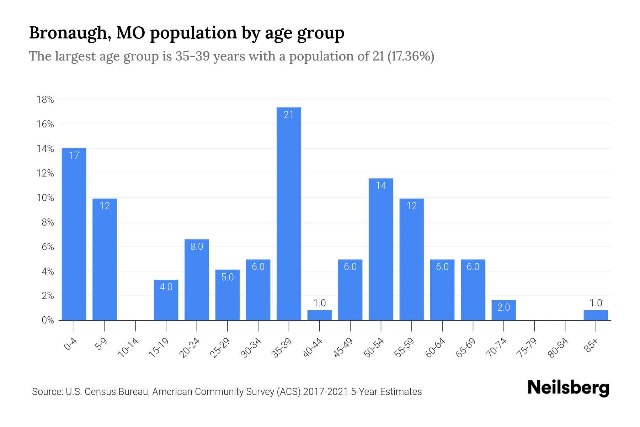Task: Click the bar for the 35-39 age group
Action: [289, 213]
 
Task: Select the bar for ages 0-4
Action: [74, 234]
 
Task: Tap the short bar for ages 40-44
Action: [319, 315]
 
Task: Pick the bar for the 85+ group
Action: [596, 315]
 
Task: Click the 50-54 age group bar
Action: [381, 249]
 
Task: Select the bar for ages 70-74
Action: [503, 310]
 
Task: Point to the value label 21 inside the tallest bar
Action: [289, 115]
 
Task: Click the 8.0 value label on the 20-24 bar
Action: [197, 246]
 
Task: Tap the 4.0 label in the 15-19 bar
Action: [166, 287]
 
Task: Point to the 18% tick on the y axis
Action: [45, 100]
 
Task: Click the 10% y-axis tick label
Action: [45, 198]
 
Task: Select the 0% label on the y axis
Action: [48, 320]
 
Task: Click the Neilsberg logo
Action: [568, 388]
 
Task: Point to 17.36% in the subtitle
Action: [410, 56]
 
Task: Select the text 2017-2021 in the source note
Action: [325, 392]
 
